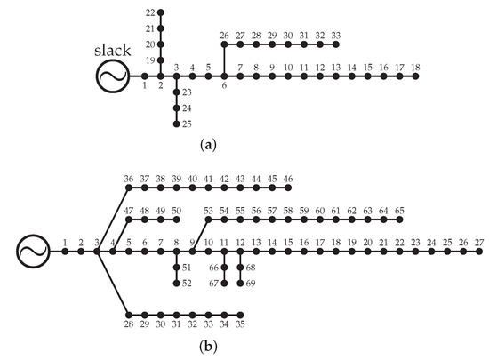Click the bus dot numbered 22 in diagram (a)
click(x=161, y=13)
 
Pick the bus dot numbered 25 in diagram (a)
click(x=177, y=123)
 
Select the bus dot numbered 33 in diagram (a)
click(x=336, y=44)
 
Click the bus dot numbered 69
click(x=240, y=284)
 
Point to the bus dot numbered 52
click(x=177, y=284)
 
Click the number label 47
click(x=129, y=211)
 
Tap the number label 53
click(x=209, y=211)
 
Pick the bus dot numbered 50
click(x=177, y=220)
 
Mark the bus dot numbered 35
click(x=240, y=314)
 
